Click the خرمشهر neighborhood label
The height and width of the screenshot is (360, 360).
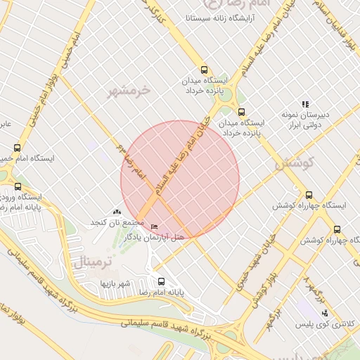pyautogui.click(x=129, y=91)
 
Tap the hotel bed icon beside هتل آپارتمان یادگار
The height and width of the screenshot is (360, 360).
pyautogui.click(x=154, y=227)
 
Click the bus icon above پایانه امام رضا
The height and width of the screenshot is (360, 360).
pyautogui.click(x=160, y=280)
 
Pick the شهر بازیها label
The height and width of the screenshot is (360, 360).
pyautogui.click(x=116, y=283)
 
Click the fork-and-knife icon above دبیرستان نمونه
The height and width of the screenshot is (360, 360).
pyautogui.click(x=305, y=104)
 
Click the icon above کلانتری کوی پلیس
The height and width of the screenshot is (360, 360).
pyautogui.click(x=324, y=313)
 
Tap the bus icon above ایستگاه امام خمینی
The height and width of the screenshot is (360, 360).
pyautogui.click(x=17, y=148)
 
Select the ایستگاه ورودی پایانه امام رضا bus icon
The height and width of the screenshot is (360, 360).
pyautogui.click(x=18, y=187)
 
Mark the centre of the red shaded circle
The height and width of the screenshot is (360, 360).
pyautogui.click(x=180, y=180)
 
